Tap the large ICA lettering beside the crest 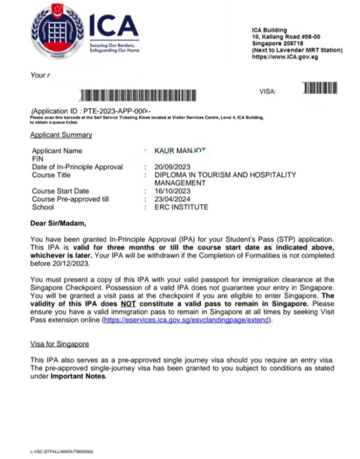coord(114,25)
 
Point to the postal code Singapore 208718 coord(275,44)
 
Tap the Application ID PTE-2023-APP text coord(92,111)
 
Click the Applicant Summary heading coord(61,135)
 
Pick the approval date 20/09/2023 coord(172,167)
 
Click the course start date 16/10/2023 coord(172,191)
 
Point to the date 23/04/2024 coord(172,199)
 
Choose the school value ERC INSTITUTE coord(181,207)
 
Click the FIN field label coord(37,159)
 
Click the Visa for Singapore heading coord(60,344)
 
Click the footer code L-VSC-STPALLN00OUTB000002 coord(62,451)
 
